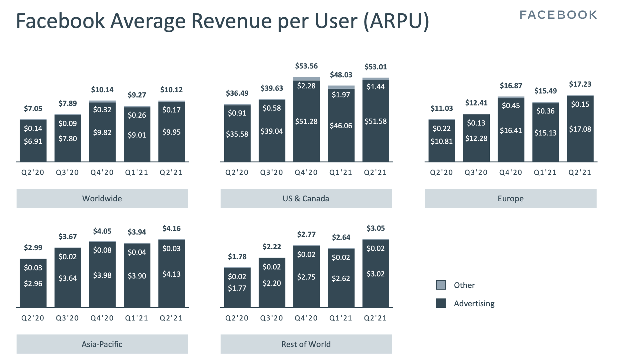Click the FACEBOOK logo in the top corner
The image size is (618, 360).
click(558, 15)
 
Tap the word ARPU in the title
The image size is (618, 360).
click(396, 21)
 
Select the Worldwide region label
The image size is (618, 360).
click(102, 199)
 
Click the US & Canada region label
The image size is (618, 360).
click(306, 199)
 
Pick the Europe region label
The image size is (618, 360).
click(511, 199)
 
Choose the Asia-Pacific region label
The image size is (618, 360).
click(102, 344)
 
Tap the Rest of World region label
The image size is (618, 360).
click(306, 344)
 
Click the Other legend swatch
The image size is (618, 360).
click(441, 285)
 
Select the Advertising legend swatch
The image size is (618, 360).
click(441, 303)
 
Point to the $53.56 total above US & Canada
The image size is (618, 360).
click(306, 66)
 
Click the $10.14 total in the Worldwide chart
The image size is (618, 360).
click(102, 90)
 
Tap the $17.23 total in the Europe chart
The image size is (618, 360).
click(580, 84)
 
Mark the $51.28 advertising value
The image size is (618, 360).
click(306, 122)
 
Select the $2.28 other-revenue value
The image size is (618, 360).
click(306, 86)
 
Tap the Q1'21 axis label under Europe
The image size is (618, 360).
click(545, 172)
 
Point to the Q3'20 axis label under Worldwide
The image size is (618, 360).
click(67, 172)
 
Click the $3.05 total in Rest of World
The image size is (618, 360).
click(376, 228)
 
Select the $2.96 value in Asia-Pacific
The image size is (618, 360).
click(33, 284)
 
